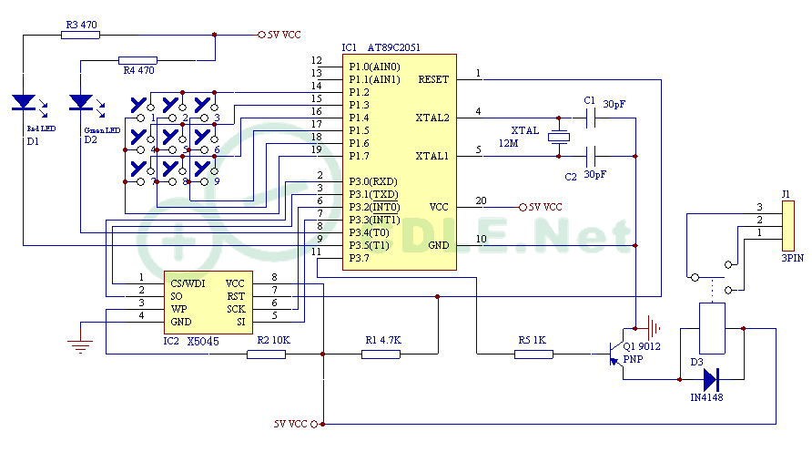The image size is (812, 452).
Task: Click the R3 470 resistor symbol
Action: (82, 35)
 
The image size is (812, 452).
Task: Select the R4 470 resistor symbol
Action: (138, 60)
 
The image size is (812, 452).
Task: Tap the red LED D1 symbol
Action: (25, 103)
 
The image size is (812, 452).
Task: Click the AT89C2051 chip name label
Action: (393, 47)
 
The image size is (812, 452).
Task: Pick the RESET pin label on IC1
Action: (433, 79)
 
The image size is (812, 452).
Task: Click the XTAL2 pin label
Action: (432, 118)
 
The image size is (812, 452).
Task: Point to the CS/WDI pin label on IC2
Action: (188, 283)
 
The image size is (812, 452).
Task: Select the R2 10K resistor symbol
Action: (266, 354)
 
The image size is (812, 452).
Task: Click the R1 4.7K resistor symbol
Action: (381, 354)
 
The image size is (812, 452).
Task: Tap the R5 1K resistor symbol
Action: (533, 354)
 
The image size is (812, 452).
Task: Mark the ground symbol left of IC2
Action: (81, 345)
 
